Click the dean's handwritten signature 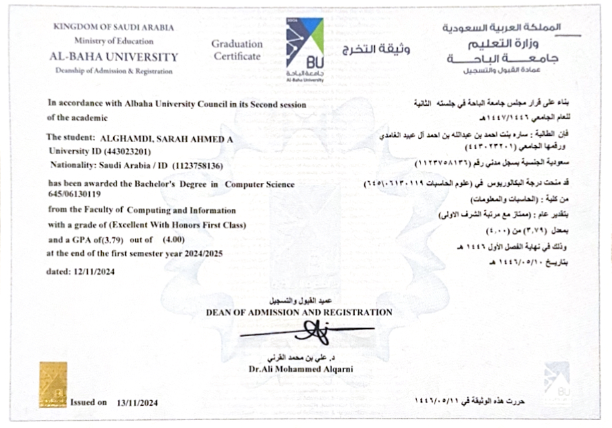312,330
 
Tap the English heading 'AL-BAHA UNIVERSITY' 114,57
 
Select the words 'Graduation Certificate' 236,50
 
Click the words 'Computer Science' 260,183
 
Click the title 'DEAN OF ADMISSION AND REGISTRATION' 299,312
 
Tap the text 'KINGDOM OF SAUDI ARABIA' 114,28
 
